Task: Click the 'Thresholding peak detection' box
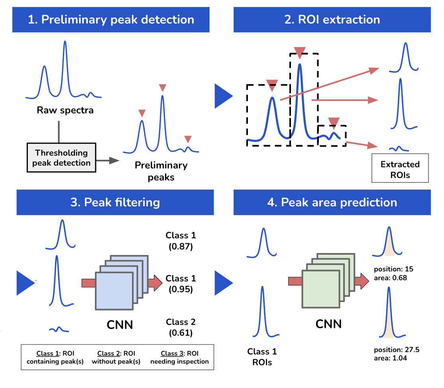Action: (x=61, y=158)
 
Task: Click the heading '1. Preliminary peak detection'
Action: (x=111, y=20)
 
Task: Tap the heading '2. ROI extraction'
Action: (x=332, y=20)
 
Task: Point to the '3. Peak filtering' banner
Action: (x=115, y=202)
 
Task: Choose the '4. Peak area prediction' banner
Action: (x=332, y=202)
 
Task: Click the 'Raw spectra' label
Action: (x=65, y=110)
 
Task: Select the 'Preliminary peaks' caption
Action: (x=161, y=171)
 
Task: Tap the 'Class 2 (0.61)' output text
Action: (x=181, y=327)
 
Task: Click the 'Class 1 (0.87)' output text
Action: (x=181, y=241)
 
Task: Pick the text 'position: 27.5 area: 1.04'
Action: (x=397, y=354)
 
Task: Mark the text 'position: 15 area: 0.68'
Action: (x=391, y=274)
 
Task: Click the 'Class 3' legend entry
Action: (x=179, y=357)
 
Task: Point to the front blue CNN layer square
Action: (x=114, y=291)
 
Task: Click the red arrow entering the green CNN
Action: (x=295, y=281)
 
